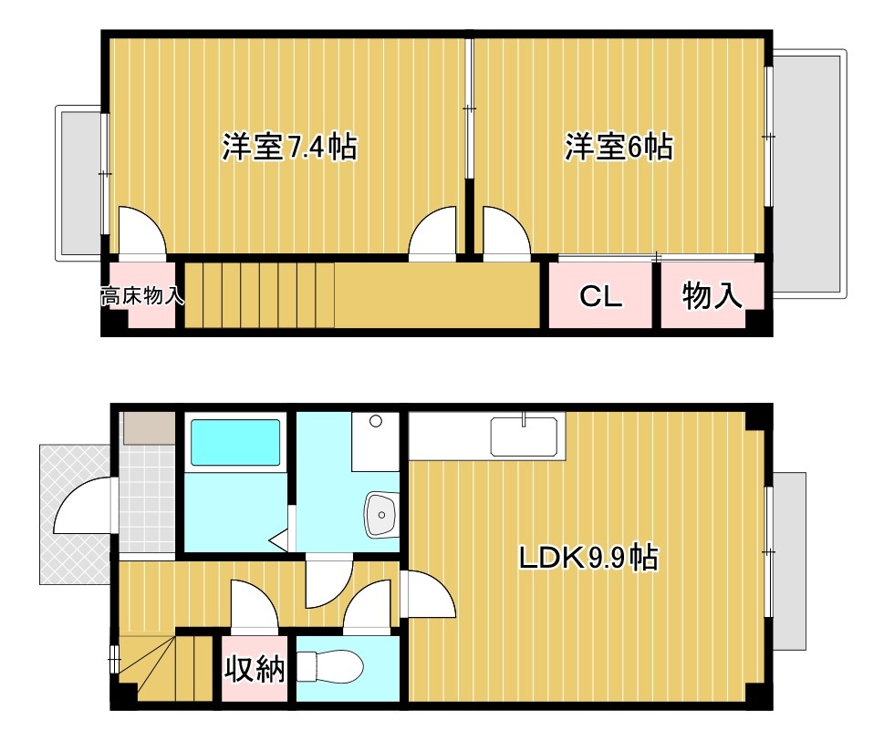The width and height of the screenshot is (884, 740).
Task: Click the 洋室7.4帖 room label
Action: [288, 147]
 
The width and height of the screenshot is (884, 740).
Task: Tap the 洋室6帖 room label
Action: [619, 147]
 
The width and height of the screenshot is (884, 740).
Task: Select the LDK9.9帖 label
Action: [588, 557]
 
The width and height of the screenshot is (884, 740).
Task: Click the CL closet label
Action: [601, 296]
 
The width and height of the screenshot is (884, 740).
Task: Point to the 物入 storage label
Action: [712, 295]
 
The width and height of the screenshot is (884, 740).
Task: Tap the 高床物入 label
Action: [142, 295]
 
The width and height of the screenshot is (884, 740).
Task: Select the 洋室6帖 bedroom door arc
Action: [505, 232]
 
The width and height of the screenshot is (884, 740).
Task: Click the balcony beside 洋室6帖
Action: [808, 172]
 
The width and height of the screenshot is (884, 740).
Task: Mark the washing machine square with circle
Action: [375, 441]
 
